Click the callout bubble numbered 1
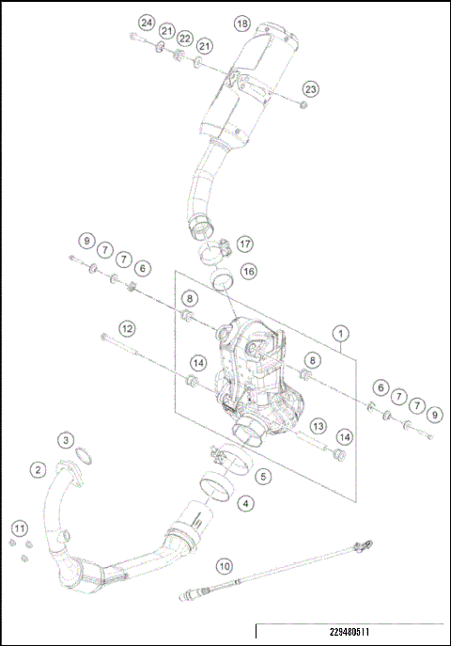(x=340, y=333)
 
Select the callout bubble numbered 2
(x=38, y=469)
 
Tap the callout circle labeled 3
(x=66, y=440)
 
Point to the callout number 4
(x=245, y=504)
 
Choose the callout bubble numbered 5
(x=263, y=477)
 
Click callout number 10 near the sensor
(x=224, y=566)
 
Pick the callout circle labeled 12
(x=125, y=328)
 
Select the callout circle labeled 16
(x=248, y=271)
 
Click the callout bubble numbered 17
(x=244, y=244)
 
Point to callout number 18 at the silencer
(x=241, y=22)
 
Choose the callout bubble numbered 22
(x=185, y=39)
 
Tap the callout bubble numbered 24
(x=146, y=22)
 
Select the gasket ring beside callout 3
(x=84, y=458)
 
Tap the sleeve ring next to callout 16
(x=223, y=278)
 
